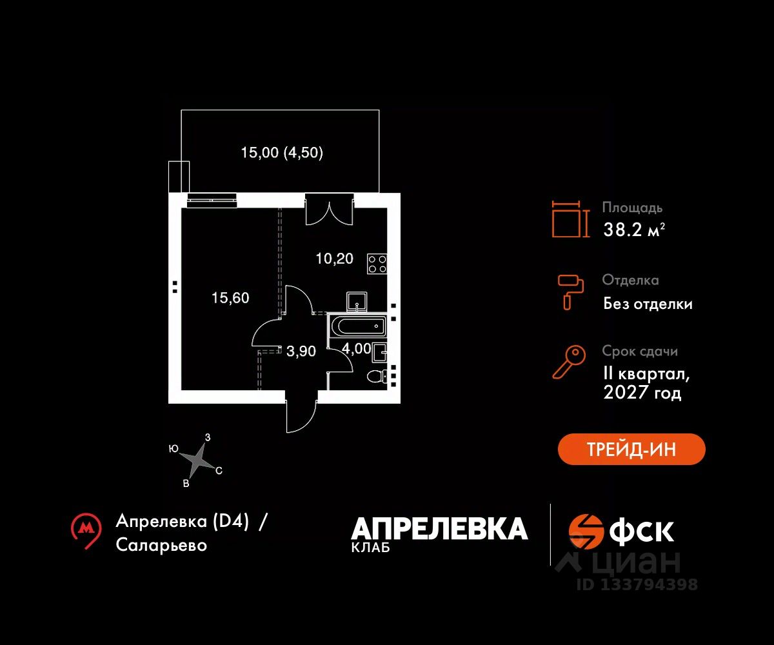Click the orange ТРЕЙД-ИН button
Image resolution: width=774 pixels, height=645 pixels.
631,449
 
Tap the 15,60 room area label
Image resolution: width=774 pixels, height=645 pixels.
230,298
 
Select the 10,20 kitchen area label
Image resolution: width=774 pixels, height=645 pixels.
334,259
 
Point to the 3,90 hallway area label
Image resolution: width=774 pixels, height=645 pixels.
301,351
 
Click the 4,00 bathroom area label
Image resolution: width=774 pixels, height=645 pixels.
356,349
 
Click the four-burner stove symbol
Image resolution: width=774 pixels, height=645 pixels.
377,263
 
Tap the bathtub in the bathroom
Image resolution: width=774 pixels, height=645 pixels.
357,326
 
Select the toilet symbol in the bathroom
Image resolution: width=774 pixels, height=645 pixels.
375,375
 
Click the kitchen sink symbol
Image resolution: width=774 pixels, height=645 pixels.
357,301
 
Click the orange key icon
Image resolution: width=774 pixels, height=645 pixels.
569,362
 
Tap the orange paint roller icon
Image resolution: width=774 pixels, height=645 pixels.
570,291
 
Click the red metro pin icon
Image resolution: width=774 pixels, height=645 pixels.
86,530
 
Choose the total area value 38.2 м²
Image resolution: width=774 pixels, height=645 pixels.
633,229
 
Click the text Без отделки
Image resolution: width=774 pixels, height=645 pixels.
648,304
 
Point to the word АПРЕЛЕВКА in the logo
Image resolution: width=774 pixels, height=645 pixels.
439,529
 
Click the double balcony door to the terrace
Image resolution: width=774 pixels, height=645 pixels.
330,209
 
